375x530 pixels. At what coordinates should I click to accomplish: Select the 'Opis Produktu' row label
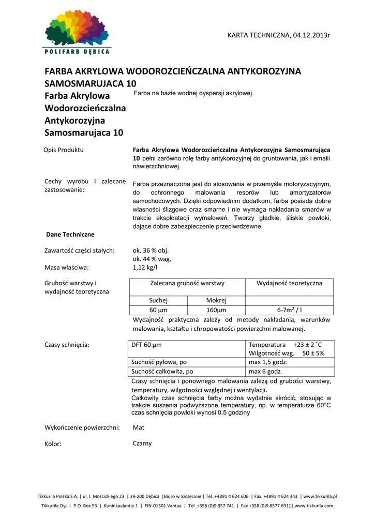[x=64, y=150]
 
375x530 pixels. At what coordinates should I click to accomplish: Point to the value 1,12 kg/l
[x=145, y=268]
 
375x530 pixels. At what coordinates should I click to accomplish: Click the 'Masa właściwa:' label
[x=67, y=268]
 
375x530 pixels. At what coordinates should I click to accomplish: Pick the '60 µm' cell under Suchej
[x=160, y=310]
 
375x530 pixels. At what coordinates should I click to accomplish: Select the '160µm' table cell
[x=216, y=310]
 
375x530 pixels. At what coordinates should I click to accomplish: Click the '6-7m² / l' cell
[x=289, y=310]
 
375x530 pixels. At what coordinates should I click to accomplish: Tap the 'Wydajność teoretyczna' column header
[x=289, y=283]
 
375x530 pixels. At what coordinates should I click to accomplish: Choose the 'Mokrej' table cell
[x=216, y=300]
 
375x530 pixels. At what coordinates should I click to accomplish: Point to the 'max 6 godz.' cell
[x=265, y=372]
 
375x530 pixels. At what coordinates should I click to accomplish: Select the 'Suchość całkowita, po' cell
[x=162, y=372]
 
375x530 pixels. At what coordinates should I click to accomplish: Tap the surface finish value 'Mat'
[x=138, y=428]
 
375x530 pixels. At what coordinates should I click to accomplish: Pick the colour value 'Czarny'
[x=142, y=444]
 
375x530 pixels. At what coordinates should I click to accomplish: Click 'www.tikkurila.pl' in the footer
[x=320, y=496]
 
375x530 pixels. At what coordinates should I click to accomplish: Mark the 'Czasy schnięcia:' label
[x=67, y=345]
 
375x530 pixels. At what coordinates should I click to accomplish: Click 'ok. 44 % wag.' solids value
[x=152, y=259]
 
